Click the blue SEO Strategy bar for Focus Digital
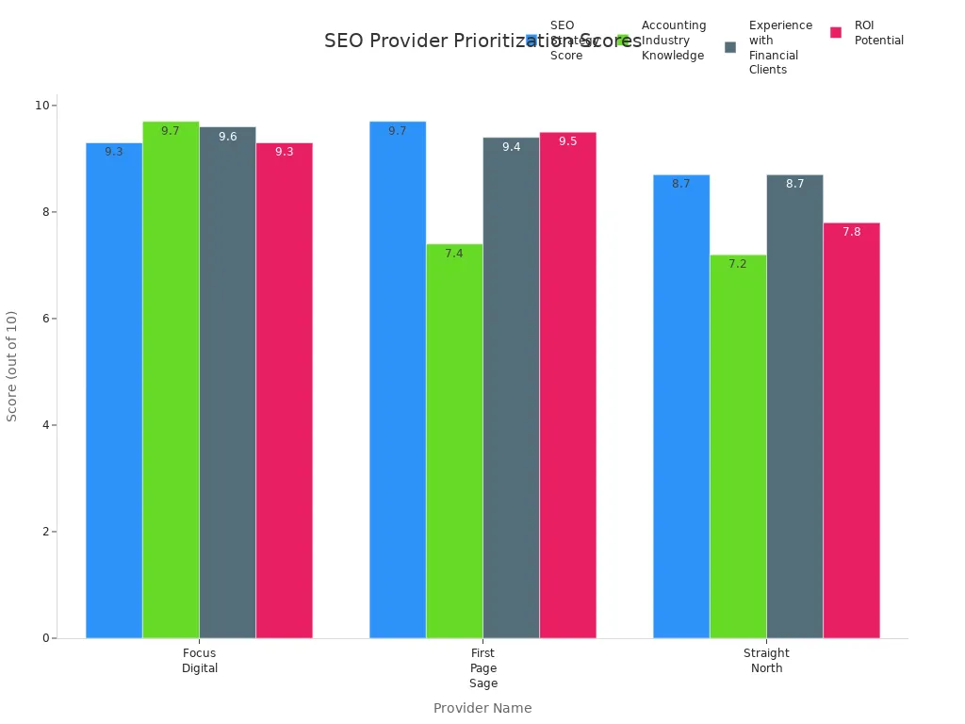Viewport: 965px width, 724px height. coord(114,396)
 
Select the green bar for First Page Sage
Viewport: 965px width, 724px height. coord(454,443)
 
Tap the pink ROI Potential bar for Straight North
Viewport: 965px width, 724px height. coord(851,434)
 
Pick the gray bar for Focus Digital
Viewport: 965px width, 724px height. coord(227,387)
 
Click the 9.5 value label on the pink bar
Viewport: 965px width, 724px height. coord(567,141)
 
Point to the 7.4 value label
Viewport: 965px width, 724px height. coord(454,254)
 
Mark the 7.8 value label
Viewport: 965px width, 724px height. coord(851,232)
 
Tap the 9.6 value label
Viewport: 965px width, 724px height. coord(227,137)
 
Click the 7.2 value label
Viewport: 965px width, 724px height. coord(738,264)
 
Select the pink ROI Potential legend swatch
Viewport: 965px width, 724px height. coord(836,33)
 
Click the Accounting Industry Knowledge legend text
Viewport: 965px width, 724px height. coord(673,41)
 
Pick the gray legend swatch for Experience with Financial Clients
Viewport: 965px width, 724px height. coord(730,47)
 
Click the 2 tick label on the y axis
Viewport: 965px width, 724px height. coord(43,532)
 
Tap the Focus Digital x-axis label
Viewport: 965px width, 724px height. coord(200,661)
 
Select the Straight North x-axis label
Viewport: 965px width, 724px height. coord(766,661)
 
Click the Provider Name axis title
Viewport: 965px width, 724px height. coord(482,708)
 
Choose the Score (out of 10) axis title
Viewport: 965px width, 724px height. coord(12,366)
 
